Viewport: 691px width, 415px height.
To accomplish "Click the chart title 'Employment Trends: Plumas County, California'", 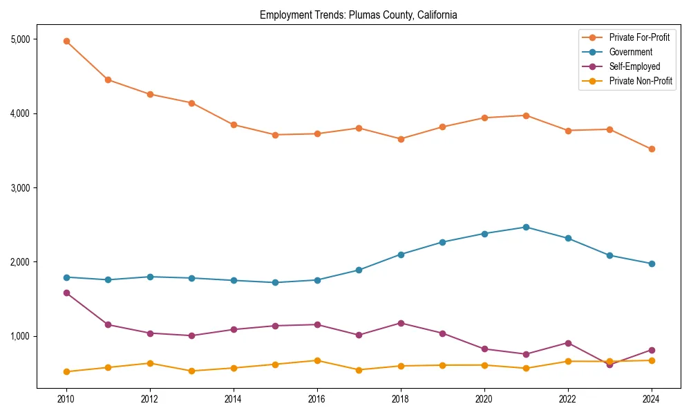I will [358, 15].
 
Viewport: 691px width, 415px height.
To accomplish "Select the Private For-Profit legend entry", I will [639, 37].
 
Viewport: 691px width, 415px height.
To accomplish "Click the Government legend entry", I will [630, 52].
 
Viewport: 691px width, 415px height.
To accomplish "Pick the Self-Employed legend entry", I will [634, 66].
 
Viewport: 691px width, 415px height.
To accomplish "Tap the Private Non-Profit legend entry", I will [641, 81].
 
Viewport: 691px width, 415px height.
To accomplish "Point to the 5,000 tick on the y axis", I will [21, 39].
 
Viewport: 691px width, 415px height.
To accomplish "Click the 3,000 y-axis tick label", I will [21, 188].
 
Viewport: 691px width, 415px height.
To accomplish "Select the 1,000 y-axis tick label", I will [21, 336].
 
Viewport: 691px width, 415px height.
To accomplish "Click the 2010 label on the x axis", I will [66, 399].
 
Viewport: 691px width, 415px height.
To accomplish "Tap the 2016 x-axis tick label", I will [317, 399].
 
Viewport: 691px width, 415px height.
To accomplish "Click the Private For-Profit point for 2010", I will [66, 41].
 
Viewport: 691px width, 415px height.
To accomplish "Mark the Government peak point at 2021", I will [526, 227].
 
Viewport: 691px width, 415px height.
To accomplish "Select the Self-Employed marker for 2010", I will [66, 293].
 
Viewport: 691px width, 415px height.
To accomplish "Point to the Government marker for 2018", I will [401, 255].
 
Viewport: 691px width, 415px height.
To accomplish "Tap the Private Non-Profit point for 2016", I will [317, 360].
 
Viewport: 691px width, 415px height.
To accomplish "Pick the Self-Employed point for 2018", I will [401, 323].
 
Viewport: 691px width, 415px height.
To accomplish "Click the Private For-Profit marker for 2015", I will [275, 135].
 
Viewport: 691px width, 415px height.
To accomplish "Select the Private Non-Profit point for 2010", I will [66, 371].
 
